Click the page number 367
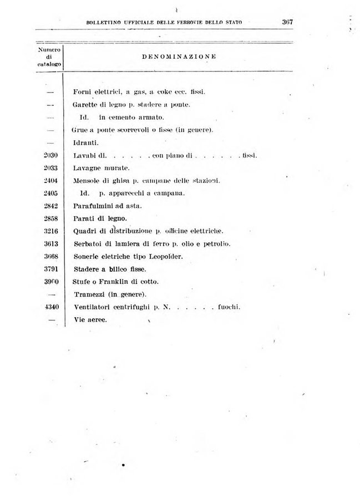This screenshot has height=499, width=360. point(287,22)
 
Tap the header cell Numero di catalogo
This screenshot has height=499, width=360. point(49,57)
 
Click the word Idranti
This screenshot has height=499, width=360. point(84,142)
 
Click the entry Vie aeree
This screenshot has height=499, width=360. point(90,320)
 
